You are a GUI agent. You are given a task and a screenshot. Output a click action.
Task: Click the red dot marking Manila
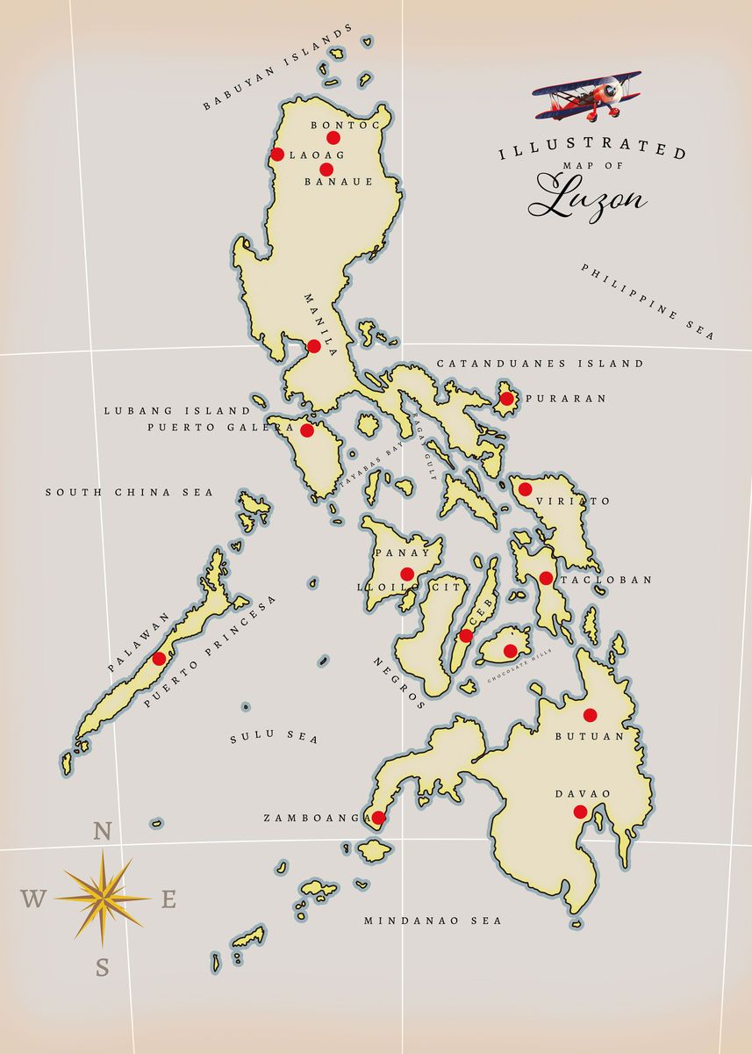(314, 346)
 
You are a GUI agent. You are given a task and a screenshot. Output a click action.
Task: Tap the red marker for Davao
(580, 812)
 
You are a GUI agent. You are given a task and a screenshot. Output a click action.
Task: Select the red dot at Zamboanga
(378, 818)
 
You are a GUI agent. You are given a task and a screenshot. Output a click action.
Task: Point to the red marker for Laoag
(277, 155)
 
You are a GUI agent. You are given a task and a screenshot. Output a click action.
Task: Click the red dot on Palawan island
(159, 659)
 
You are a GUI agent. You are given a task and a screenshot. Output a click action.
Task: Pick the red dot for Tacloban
(546, 578)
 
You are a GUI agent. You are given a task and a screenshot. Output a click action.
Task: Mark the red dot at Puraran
(506, 399)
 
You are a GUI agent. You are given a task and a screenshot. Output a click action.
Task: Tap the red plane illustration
(589, 95)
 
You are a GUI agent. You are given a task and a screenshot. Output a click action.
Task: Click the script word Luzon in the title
(587, 197)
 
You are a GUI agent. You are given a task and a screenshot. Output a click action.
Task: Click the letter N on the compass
(103, 831)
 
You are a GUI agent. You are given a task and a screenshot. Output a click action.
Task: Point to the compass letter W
(33, 899)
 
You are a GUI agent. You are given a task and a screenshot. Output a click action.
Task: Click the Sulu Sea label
(274, 738)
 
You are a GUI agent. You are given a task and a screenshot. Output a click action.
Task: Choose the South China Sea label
(130, 493)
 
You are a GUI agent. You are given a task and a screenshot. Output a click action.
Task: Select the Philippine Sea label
(648, 301)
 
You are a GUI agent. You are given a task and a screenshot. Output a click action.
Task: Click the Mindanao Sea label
(433, 920)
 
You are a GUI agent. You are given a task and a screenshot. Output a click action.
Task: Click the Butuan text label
(589, 737)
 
